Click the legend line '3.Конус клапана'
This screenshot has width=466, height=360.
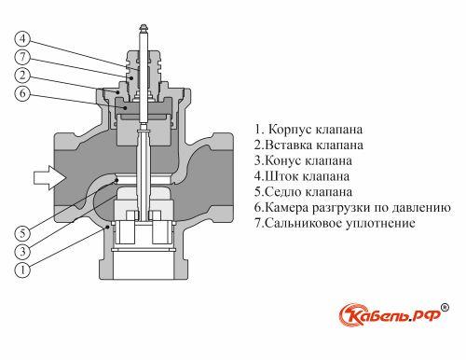point(302,160)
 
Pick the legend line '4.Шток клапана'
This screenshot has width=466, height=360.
point(301,176)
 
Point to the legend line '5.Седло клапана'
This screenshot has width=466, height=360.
point(303,192)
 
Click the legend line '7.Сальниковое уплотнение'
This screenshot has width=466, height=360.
point(335,224)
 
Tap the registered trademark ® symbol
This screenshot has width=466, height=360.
point(445,305)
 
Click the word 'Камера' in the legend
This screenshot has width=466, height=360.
point(286,208)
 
